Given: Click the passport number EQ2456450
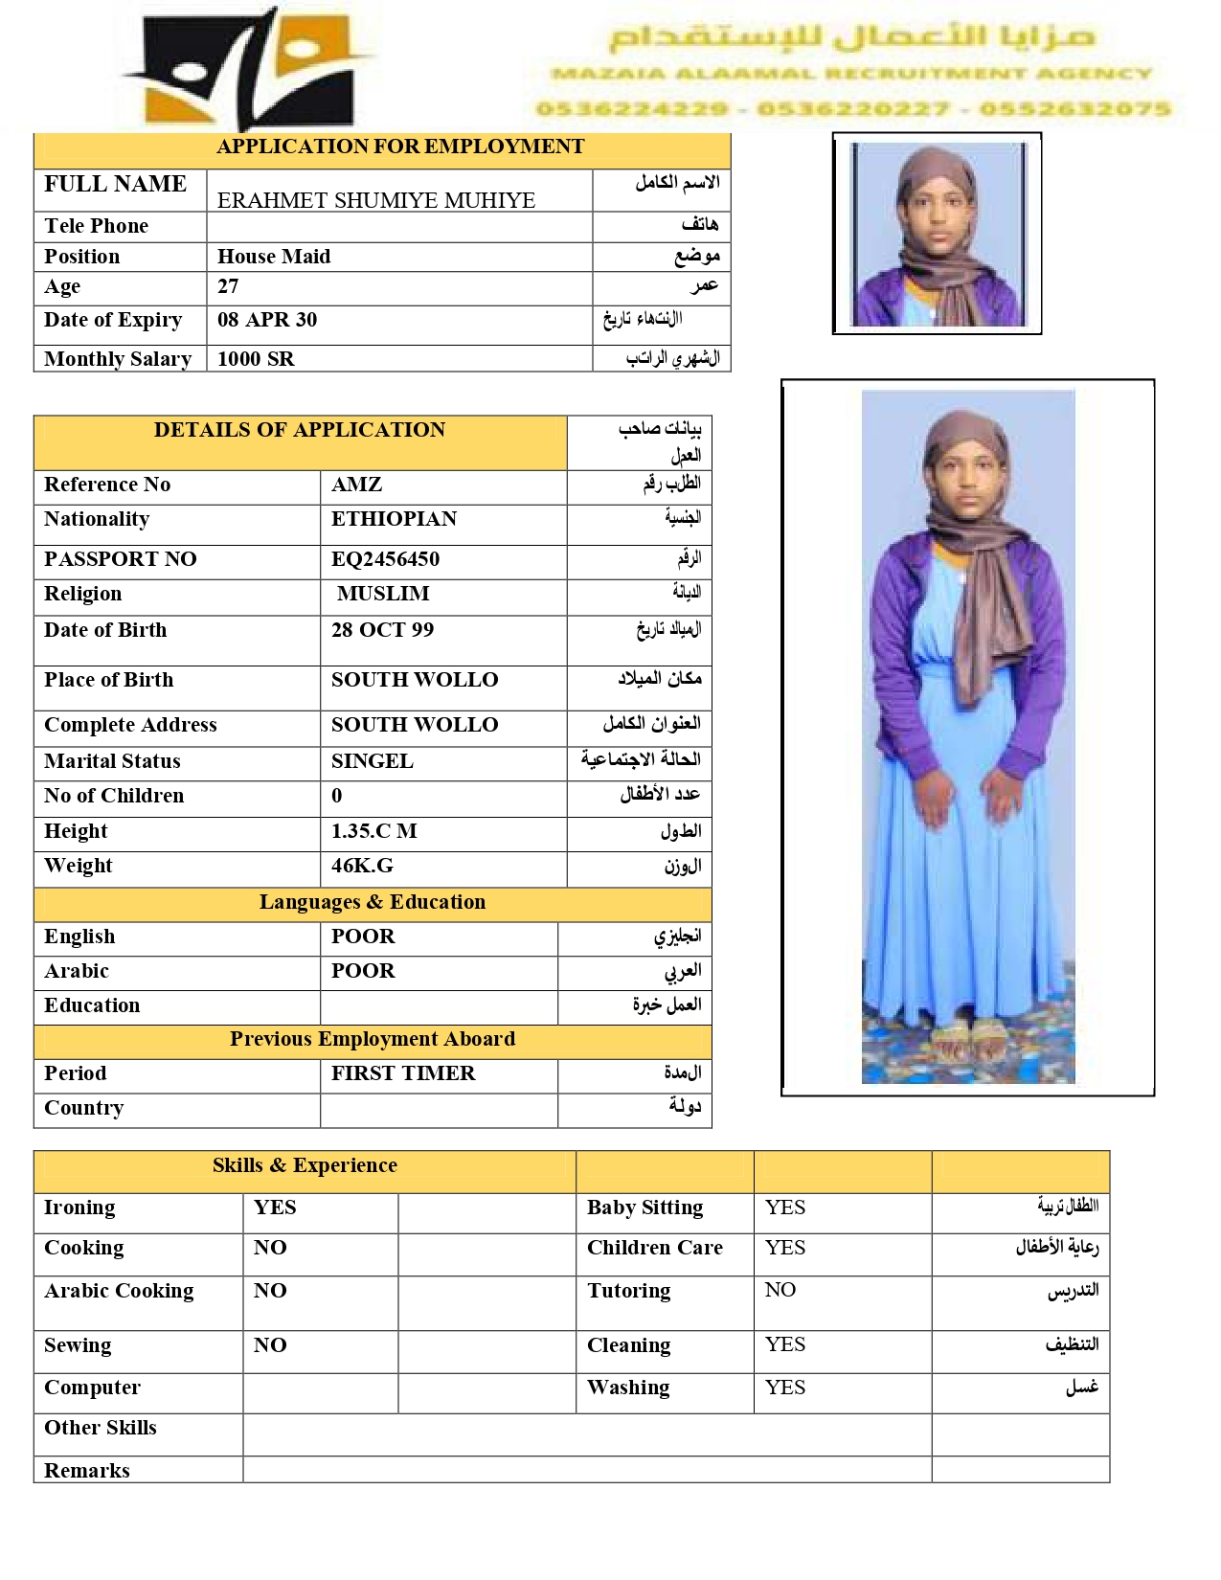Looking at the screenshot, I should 385,559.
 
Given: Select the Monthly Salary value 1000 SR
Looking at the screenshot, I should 256,359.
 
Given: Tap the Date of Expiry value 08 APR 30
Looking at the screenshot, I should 266,320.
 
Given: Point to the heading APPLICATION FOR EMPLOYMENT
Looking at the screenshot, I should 399,147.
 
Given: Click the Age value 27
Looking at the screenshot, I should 228,286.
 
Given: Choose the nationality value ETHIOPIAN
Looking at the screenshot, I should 394,519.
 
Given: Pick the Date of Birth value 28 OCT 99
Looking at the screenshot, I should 382,630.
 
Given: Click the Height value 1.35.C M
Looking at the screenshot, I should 373,831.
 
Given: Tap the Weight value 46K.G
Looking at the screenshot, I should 362,866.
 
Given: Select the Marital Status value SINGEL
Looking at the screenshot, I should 372,761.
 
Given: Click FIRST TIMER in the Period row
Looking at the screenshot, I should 402,1073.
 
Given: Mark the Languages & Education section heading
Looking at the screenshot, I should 372,902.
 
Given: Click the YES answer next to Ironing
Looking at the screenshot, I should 275,1208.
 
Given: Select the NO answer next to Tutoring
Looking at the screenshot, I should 780,1290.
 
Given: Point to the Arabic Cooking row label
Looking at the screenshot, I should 119,1291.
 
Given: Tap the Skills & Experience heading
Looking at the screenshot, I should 305,1165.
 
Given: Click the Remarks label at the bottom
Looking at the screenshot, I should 87,1471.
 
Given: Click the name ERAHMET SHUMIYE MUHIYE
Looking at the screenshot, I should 375,200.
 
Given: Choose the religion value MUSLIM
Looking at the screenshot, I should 383,594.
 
